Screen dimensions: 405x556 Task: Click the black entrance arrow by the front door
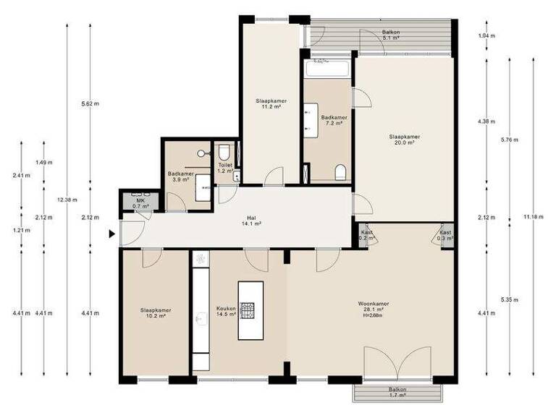(x=111, y=234)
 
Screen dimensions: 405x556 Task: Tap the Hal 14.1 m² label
(x=252, y=221)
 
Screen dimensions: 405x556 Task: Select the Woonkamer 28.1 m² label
(x=374, y=308)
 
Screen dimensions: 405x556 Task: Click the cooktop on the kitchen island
(x=249, y=311)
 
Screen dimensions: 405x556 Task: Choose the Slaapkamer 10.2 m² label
(x=153, y=313)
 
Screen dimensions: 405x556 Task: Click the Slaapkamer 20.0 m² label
(x=404, y=140)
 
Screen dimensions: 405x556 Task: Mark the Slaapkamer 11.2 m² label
(x=270, y=105)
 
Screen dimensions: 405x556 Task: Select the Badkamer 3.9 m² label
(x=180, y=176)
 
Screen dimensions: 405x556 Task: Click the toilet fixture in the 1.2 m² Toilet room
(x=224, y=152)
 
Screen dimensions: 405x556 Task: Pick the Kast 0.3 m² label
(x=445, y=235)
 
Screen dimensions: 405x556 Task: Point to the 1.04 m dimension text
(x=486, y=35)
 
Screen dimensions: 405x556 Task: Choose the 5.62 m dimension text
(x=90, y=103)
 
